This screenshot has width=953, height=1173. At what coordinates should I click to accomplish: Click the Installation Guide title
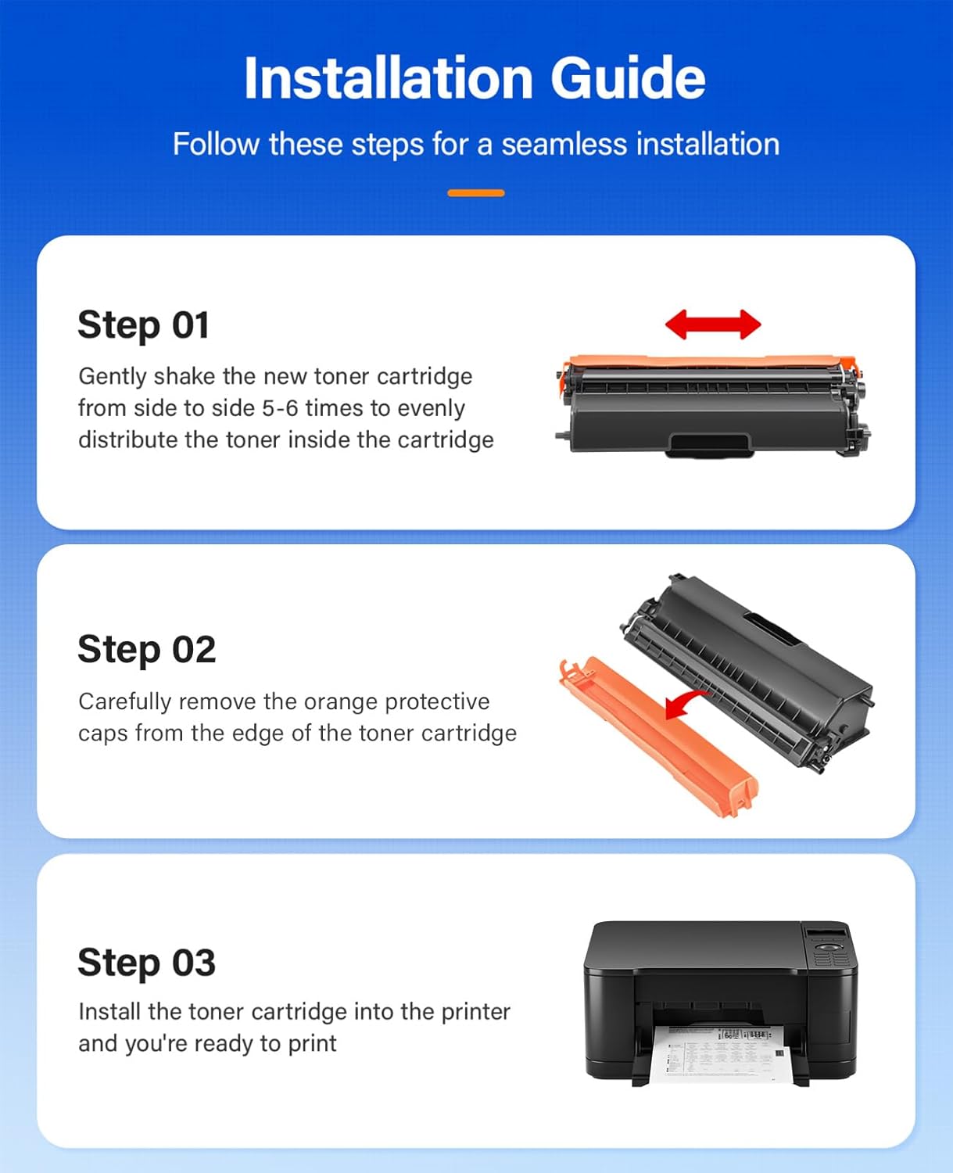(475, 78)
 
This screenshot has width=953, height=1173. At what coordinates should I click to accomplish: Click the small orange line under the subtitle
(475, 192)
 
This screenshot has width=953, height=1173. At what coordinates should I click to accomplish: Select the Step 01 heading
(144, 325)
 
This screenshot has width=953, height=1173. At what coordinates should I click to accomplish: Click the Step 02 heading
(146, 649)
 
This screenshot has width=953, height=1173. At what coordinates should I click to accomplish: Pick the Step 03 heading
(146, 962)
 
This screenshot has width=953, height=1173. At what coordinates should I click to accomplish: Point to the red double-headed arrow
(712, 325)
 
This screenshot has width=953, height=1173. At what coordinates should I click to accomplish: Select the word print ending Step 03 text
(312, 1043)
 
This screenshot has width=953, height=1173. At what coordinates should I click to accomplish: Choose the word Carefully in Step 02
(124, 701)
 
